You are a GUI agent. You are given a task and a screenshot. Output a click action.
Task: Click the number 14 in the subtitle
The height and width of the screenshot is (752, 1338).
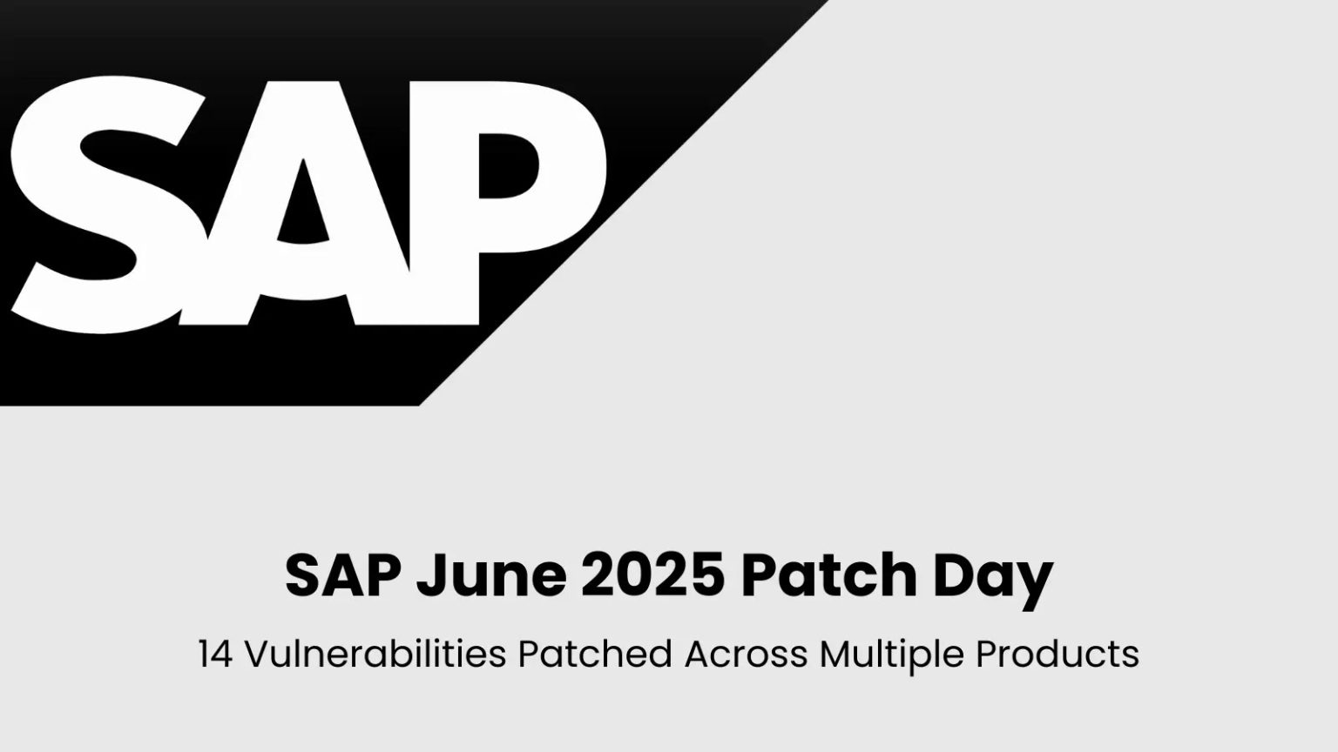pyautogui.click(x=215, y=655)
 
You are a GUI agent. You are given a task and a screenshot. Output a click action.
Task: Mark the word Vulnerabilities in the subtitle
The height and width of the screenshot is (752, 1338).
pyautogui.click(x=375, y=655)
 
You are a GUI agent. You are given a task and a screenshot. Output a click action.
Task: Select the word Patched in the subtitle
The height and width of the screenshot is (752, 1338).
pyautogui.click(x=595, y=655)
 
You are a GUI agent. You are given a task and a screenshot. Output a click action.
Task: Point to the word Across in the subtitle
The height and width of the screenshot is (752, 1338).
pyautogui.click(x=746, y=655)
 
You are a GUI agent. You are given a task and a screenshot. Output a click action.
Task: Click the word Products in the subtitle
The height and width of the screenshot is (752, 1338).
pyautogui.click(x=1057, y=655)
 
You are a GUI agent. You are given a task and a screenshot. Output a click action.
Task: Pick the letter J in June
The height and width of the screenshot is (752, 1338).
pyautogui.click(x=429, y=575)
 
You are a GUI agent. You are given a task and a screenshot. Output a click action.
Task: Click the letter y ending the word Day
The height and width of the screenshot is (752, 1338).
pyautogui.click(x=1036, y=581)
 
